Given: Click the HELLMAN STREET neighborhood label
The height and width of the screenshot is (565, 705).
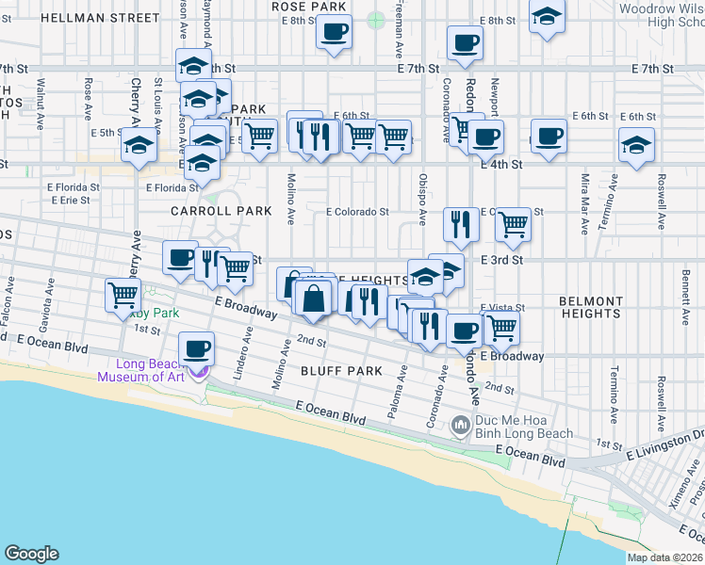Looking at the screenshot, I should coord(101,18).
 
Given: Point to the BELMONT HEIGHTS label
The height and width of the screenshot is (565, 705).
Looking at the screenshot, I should coord(591,307).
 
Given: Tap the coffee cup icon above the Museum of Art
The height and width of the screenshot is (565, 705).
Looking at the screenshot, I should coord(197,349).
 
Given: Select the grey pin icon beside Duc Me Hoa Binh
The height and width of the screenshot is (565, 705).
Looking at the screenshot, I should coord(461,426).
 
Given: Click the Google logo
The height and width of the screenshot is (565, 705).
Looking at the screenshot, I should coord(31,554).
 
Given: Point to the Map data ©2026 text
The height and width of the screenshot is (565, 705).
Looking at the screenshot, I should coord(664,557).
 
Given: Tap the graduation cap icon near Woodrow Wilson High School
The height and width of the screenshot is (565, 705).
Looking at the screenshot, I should coord(546,17).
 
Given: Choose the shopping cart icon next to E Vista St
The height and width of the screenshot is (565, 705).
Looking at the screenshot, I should coord(502,328).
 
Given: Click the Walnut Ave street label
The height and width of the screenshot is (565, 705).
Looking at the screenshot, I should coord(41,96).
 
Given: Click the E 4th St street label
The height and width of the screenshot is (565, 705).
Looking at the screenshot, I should coord(500,164).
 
